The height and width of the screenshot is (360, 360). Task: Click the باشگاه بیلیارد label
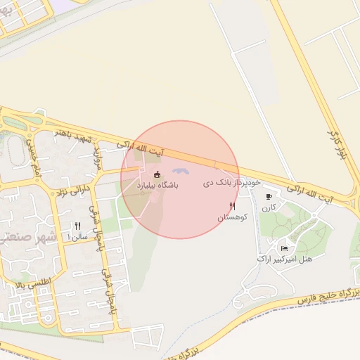(158, 185)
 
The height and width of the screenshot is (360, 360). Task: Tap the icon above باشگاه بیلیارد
(157, 174)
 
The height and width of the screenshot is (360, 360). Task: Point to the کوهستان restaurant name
(231, 219)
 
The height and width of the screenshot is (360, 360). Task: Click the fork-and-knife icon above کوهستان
(231, 207)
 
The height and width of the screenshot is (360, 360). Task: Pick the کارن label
(269, 208)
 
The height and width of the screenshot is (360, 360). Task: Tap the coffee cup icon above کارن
(269, 197)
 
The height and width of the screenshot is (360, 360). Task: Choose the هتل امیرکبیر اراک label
(285, 259)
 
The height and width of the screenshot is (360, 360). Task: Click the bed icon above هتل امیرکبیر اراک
(284, 248)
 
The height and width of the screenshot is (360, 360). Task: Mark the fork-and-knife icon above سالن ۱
(77, 226)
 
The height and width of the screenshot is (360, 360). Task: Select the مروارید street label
(98, 151)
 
